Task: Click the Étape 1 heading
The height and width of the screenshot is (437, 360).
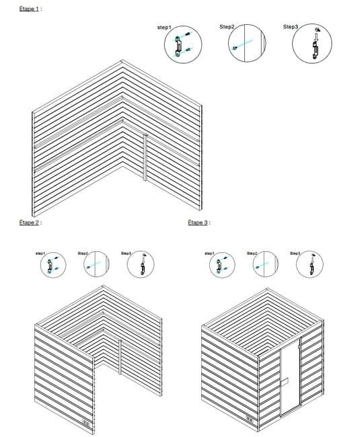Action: (x=29, y=9)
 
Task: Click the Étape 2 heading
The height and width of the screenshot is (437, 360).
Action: (x=29, y=223)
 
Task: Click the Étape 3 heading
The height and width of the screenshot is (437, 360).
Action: (x=198, y=223)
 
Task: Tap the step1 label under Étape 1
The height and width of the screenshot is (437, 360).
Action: (x=164, y=28)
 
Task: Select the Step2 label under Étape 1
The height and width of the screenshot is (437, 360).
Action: (x=227, y=27)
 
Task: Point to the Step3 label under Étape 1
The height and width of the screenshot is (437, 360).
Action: (x=291, y=27)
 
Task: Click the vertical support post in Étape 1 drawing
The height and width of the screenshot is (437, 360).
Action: (x=145, y=157)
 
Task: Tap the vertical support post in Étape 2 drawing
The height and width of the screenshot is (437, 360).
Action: (x=120, y=357)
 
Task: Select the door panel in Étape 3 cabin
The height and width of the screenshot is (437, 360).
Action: (x=290, y=378)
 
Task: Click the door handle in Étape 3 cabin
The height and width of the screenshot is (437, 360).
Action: (x=285, y=382)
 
